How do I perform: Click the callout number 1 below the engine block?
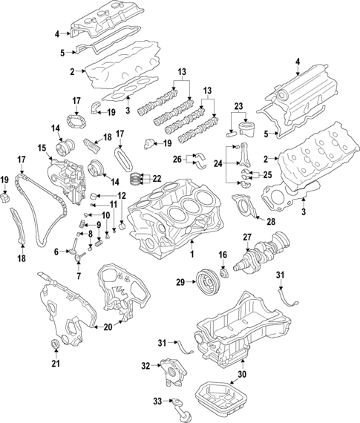coord(192,254)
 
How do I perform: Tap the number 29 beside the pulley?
coord(180,282)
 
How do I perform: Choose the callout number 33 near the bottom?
coord(157,402)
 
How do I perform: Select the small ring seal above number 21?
coord(54,342)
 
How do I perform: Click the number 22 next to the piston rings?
coord(157,179)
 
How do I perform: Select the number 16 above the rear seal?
coord(222,255)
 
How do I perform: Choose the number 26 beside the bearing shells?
coord(177,159)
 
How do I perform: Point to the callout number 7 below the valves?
coord(77,276)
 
